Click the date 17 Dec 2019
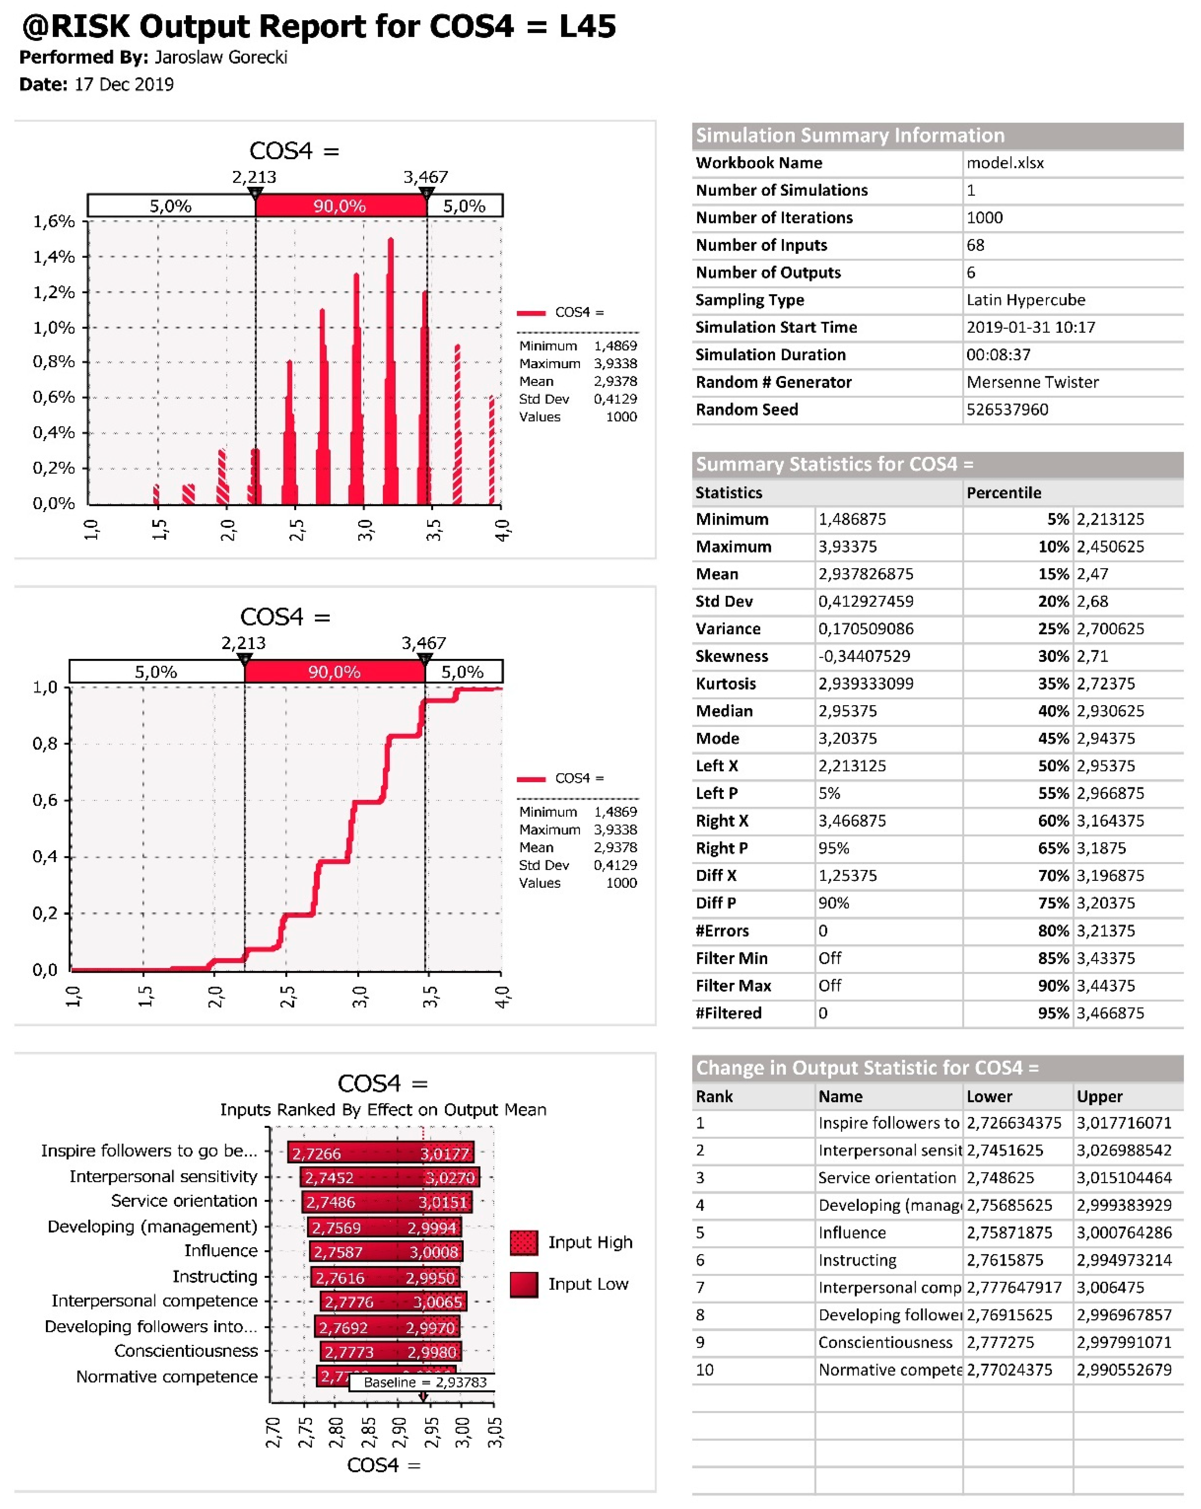click(124, 85)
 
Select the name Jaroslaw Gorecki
click(221, 57)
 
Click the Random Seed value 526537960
click(1007, 409)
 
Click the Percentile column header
click(1004, 493)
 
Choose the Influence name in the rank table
click(852, 1232)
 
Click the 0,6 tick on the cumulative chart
click(45, 800)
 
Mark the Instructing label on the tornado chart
click(215, 1276)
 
